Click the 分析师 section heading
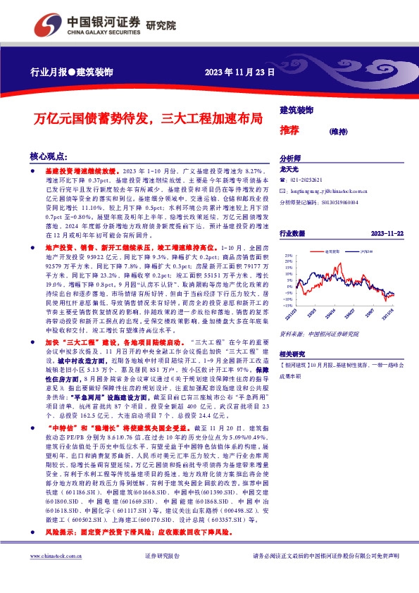pos(290,159)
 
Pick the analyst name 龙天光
pos(290,169)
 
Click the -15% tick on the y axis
pos(287,305)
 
